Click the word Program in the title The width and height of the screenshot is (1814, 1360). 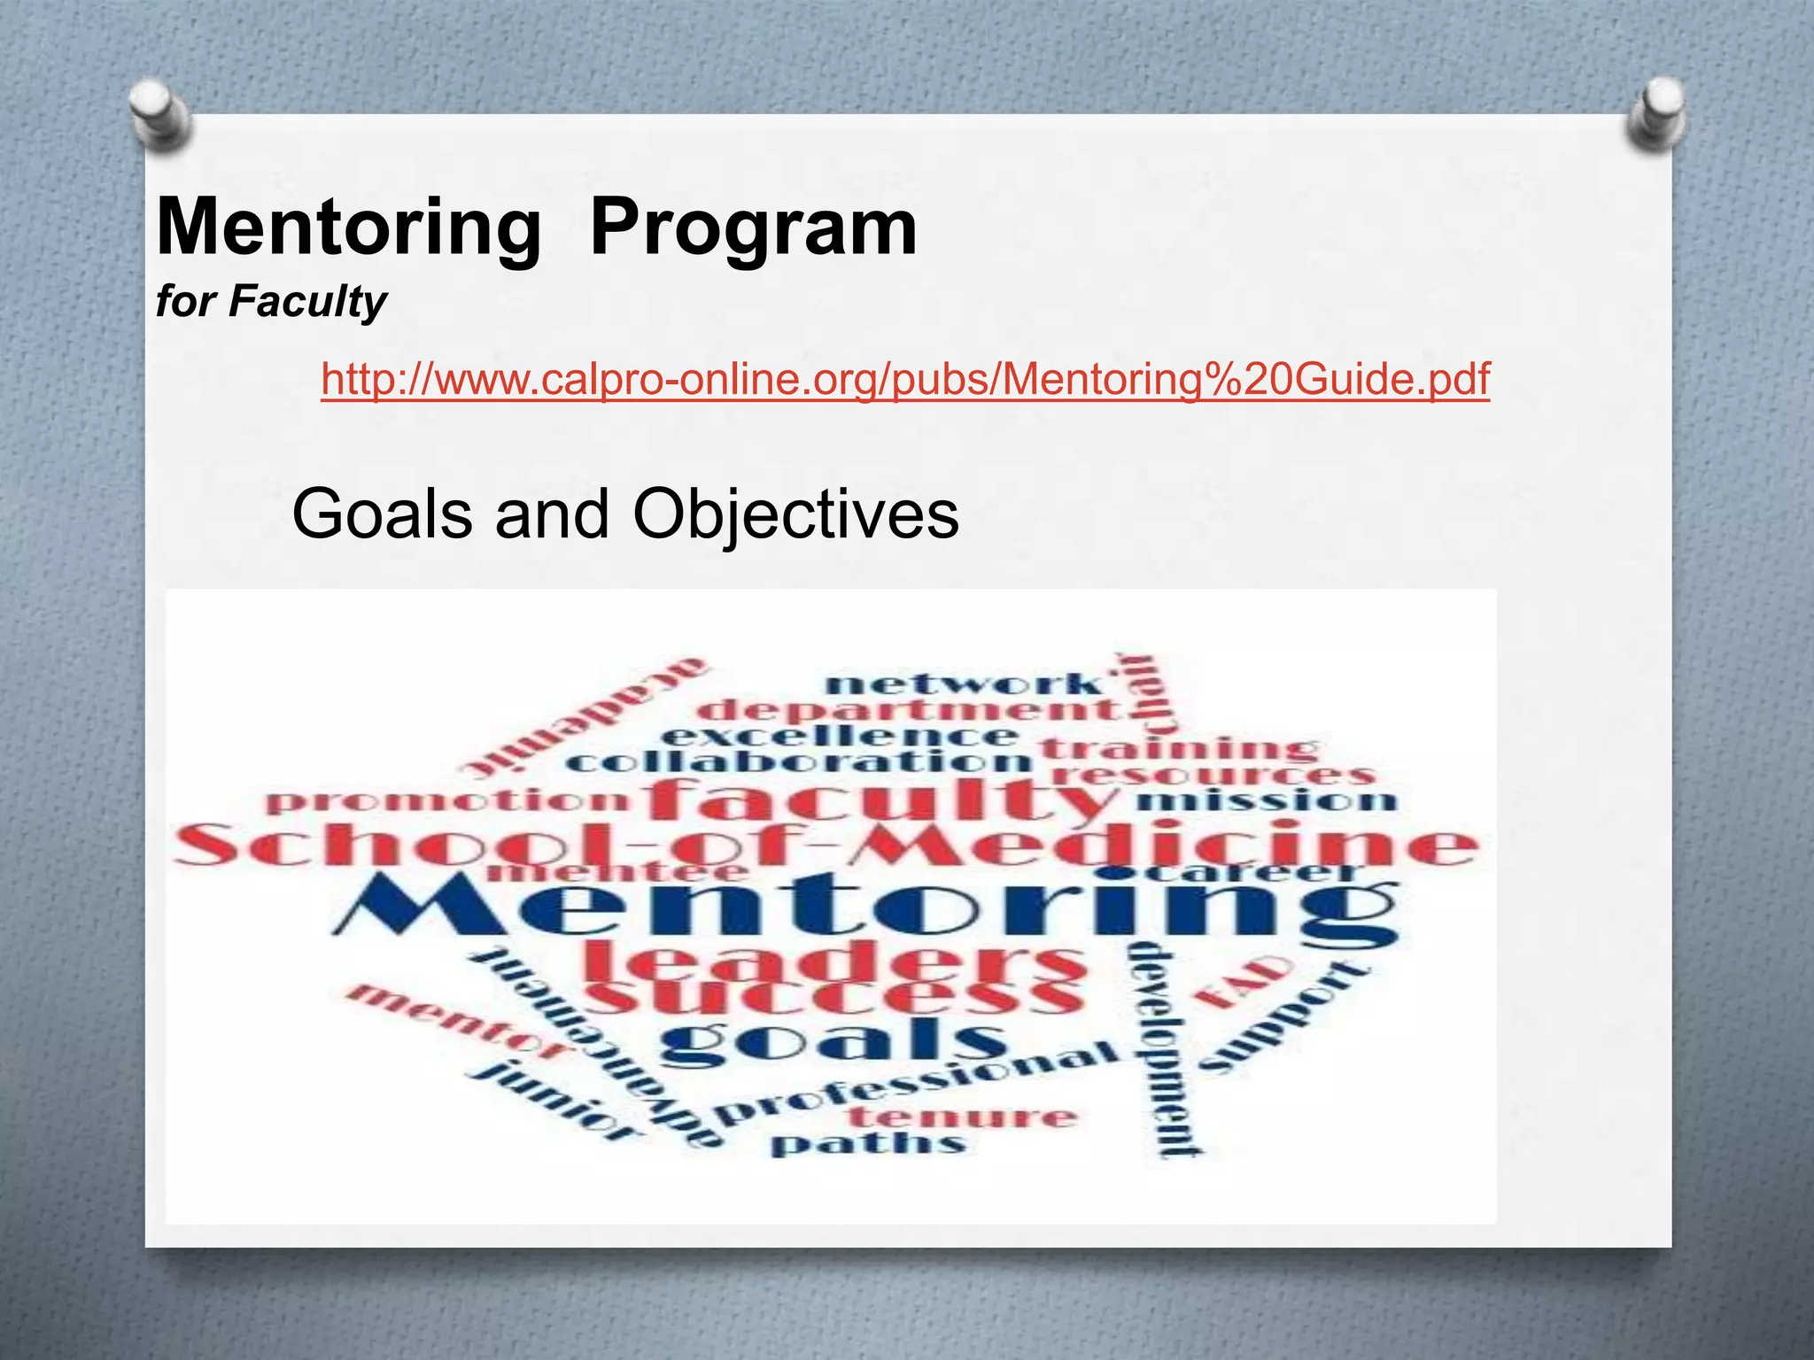753,228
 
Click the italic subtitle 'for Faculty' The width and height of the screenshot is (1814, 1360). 271,301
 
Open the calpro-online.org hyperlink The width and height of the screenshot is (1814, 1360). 905,379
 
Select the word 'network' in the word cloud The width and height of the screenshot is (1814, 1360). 964,684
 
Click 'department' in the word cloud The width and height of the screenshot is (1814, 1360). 912,710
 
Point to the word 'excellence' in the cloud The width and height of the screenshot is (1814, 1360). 840,736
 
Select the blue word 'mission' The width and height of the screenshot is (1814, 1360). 1265,801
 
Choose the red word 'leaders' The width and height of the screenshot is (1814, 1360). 833,962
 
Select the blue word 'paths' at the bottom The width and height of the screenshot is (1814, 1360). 868,1144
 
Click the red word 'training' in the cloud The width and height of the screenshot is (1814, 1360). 1178,748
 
